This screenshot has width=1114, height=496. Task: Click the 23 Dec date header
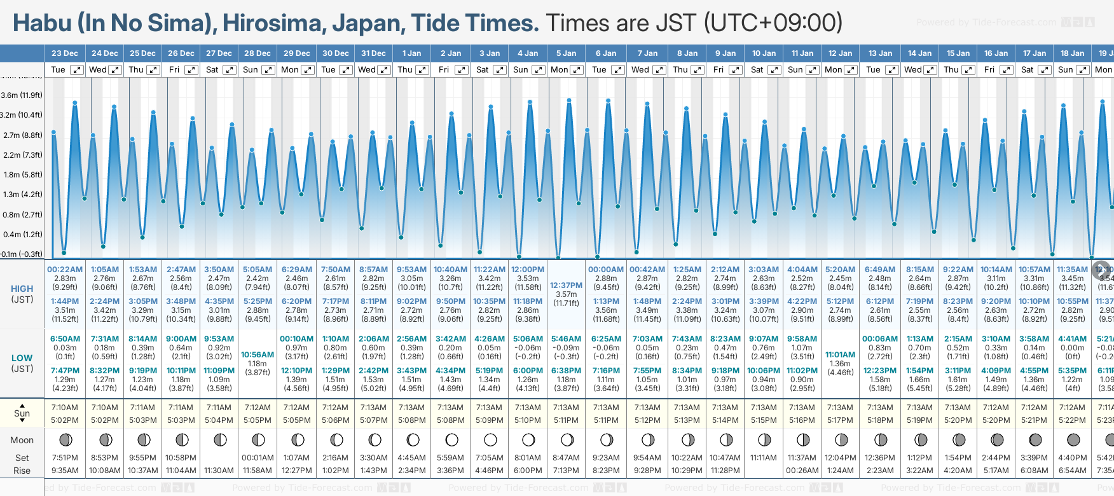pos(65,53)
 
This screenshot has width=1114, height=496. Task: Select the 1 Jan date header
pos(411,53)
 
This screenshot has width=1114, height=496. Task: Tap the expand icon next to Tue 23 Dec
pos(76,70)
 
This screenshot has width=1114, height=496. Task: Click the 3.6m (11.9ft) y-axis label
pos(22,95)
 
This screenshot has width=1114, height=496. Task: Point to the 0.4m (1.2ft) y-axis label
pos(22,235)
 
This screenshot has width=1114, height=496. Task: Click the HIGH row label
pos(22,289)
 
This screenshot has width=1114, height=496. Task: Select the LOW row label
pos(22,358)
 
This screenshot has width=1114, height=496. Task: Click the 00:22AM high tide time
pos(65,270)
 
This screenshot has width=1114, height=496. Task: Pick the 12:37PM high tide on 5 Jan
pos(566,286)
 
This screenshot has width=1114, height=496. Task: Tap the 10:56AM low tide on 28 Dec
pos(258,355)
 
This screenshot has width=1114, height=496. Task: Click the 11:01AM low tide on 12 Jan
pos(840,355)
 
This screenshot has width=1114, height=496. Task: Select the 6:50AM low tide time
pos(65,339)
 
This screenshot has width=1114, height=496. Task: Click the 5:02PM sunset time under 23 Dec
pos(65,420)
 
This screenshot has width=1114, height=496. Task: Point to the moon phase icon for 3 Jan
pos(490,439)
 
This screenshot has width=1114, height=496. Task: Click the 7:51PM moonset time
pos(65,458)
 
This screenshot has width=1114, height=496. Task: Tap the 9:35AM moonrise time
pos(65,471)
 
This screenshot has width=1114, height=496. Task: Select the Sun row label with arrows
pos(22,413)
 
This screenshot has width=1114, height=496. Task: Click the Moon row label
pos(22,440)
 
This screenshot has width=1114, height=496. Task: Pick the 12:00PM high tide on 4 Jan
pos(528,270)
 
